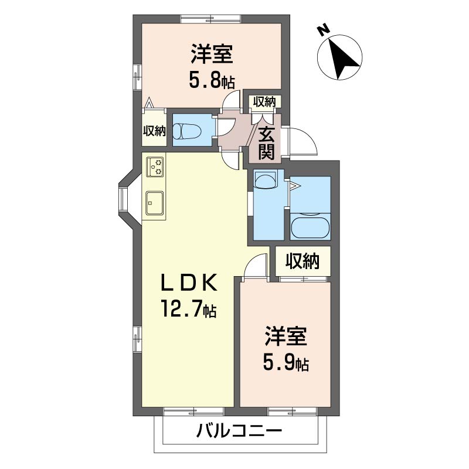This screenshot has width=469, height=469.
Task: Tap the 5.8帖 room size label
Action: (212, 80)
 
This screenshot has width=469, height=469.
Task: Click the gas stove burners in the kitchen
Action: (155, 166)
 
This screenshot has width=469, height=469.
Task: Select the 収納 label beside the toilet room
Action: (154, 131)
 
